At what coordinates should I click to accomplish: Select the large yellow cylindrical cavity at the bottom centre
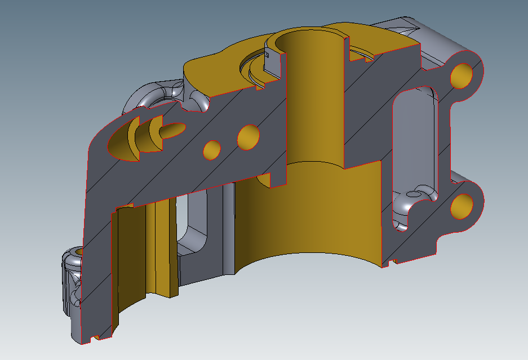(x=316, y=220)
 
